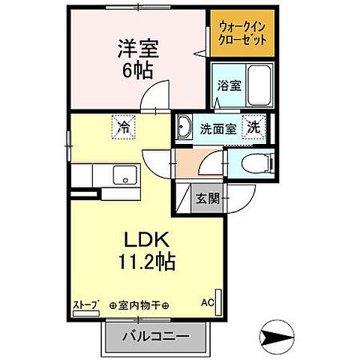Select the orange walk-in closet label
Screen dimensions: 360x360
click(x=237, y=33)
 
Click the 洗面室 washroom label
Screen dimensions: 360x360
click(x=218, y=128)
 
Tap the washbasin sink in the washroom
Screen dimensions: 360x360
click(x=185, y=129)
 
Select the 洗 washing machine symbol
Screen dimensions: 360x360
click(x=254, y=127)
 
